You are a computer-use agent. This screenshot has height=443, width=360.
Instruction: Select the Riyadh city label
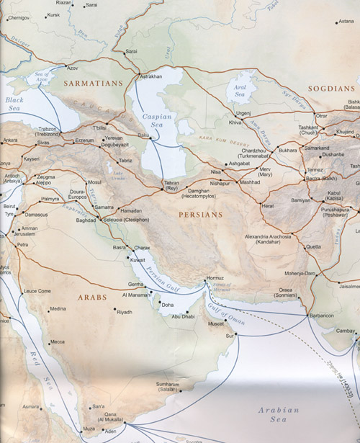tap(125, 312)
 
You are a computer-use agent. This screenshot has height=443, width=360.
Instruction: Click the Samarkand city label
tap(316, 148)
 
